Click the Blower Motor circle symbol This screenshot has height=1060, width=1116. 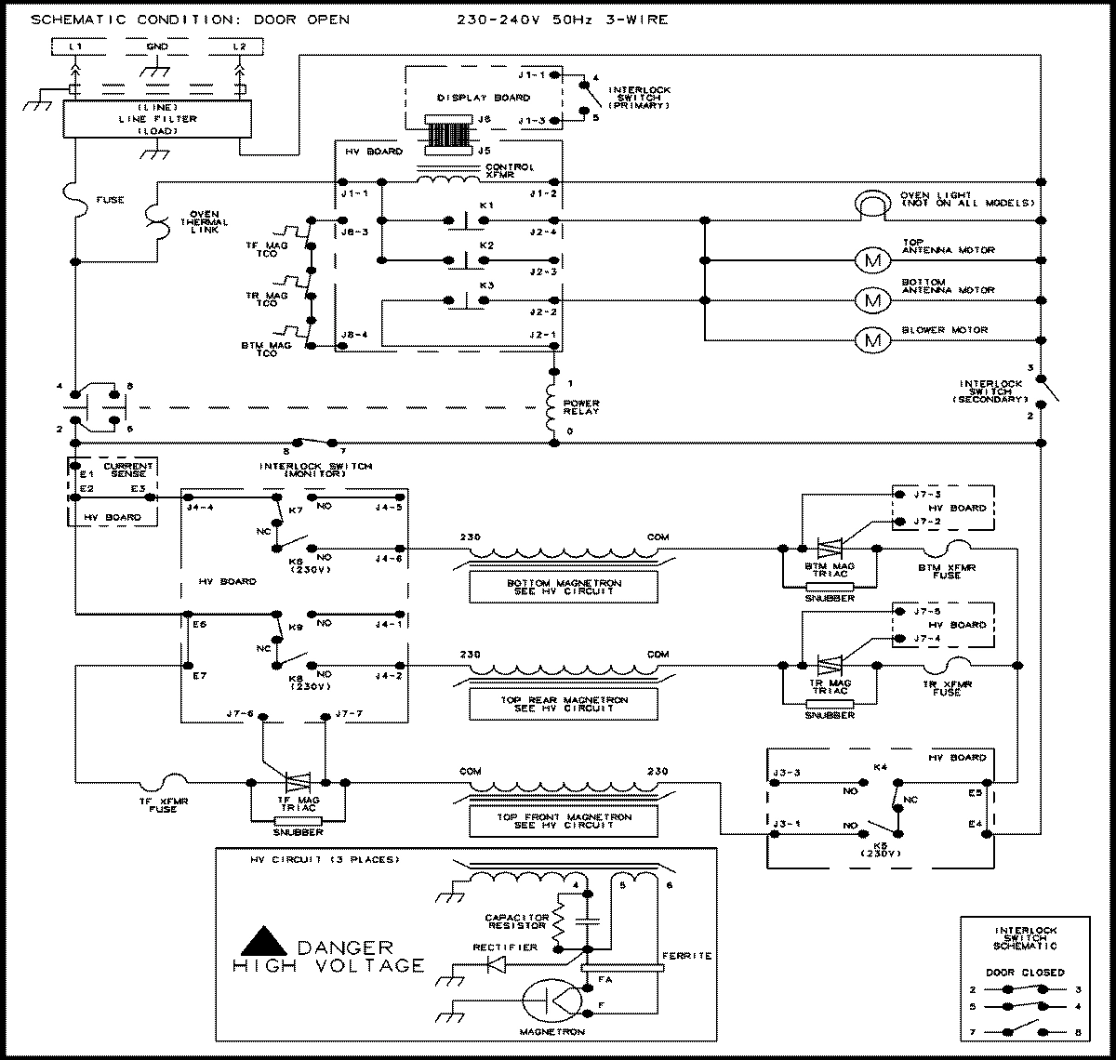pos(872,341)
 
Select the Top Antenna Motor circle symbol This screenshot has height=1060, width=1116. pos(872,261)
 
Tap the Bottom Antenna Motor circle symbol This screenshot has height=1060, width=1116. pos(872,300)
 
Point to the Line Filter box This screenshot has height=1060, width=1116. pos(151,119)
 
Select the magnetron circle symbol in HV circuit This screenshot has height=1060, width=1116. pos(551,1002)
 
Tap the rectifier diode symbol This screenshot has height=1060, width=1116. pos(498,964)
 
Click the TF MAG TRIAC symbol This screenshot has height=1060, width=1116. pos(299,783)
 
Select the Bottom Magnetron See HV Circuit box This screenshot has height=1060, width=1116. pos(564,587)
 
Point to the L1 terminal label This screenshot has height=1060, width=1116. pos(76,46)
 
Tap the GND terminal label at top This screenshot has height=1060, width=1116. pos(158,46)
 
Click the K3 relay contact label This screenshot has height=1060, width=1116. pos(486,284)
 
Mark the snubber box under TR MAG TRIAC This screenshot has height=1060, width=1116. pos(830,704)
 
